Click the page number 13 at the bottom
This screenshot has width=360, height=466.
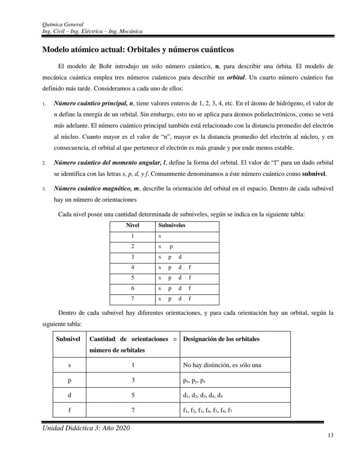(x=330, y=436)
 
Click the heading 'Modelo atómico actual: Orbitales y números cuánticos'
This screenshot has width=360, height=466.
(x=138, y=50)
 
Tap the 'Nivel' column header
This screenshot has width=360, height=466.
(x=132, y=225)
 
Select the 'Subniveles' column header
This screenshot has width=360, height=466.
(x=172, y=225)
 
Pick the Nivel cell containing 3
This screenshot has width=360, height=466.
(x=132, y=257)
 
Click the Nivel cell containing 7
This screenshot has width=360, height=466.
(x=132, y=299)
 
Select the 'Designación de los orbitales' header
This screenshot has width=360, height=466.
(x=221, y=339)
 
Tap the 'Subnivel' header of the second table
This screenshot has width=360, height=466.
(x=68, y=339)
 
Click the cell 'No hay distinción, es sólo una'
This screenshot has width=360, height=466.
(x=222, y=365)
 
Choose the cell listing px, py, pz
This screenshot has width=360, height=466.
(x=194, y=380)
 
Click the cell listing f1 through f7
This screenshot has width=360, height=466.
(x=208, y=410)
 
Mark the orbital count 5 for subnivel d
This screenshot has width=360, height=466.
(x=133, y=396)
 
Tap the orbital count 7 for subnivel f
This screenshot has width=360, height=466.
(x=133, y=410)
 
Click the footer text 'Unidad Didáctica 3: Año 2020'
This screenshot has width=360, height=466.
(x=86, y=428)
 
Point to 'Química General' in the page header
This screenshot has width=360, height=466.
(x=63, y=24)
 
